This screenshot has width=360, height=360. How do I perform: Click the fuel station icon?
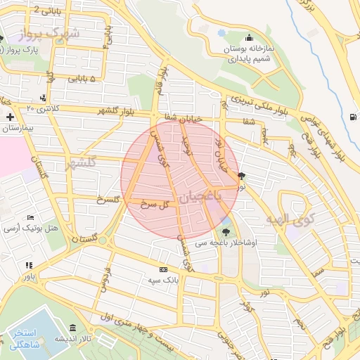(352, 117)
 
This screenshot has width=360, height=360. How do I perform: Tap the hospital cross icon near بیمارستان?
(9, 117)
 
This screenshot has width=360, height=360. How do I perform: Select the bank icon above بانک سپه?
(164, 269)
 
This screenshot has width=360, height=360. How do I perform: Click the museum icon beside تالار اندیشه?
(74, 328)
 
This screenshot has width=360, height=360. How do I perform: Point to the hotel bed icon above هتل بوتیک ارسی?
(30, 218)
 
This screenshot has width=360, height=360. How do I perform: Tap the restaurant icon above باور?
(29, 265)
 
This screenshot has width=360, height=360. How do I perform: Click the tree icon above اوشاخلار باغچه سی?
(226, 232)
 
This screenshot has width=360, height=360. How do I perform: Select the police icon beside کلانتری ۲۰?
(44, 98)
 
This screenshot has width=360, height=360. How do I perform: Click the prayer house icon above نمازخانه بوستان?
(247, 39)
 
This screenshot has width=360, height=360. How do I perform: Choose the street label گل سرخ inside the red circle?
(156, 204)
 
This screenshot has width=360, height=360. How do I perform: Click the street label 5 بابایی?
(82, 79)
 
